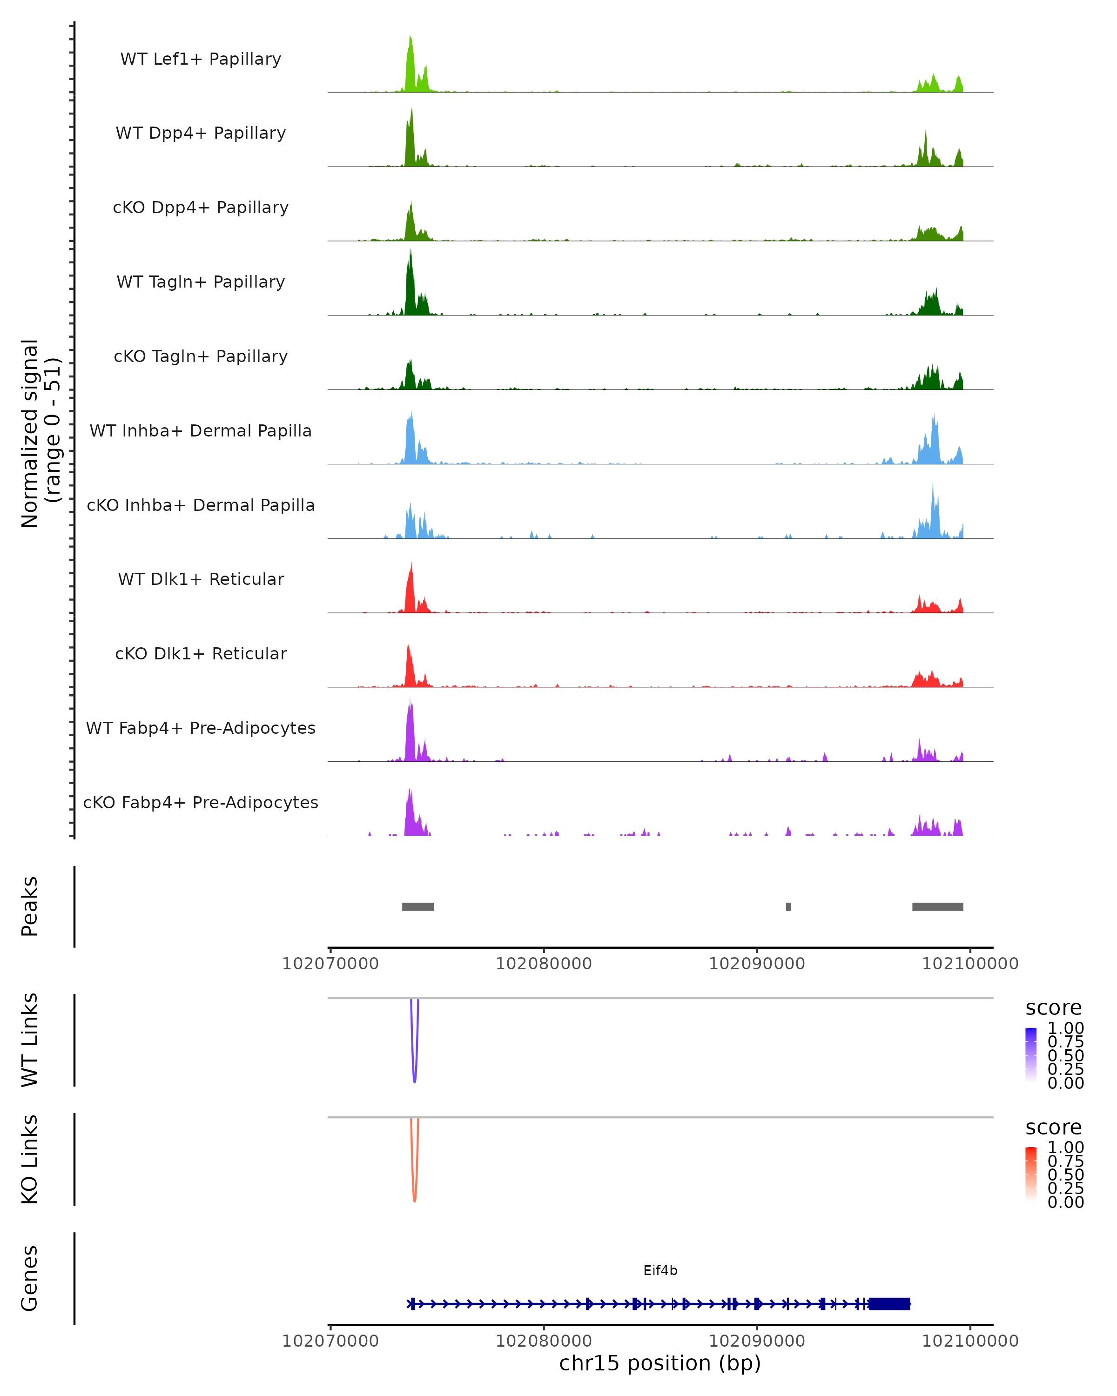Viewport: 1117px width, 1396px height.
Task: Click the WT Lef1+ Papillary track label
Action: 201,59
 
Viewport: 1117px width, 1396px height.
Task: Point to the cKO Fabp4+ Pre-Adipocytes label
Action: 201,802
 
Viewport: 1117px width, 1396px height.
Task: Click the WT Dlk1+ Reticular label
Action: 201,579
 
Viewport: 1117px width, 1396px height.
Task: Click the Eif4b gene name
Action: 660,1270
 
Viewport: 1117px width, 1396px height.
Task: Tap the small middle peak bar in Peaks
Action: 788,906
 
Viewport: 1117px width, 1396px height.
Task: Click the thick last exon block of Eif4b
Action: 889,1303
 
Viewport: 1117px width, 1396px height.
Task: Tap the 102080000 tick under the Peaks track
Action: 543,964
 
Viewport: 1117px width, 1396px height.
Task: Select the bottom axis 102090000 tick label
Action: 756,1341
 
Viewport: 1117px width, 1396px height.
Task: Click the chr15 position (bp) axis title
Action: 660,1363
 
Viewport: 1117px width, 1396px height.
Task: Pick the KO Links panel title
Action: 30,1159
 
